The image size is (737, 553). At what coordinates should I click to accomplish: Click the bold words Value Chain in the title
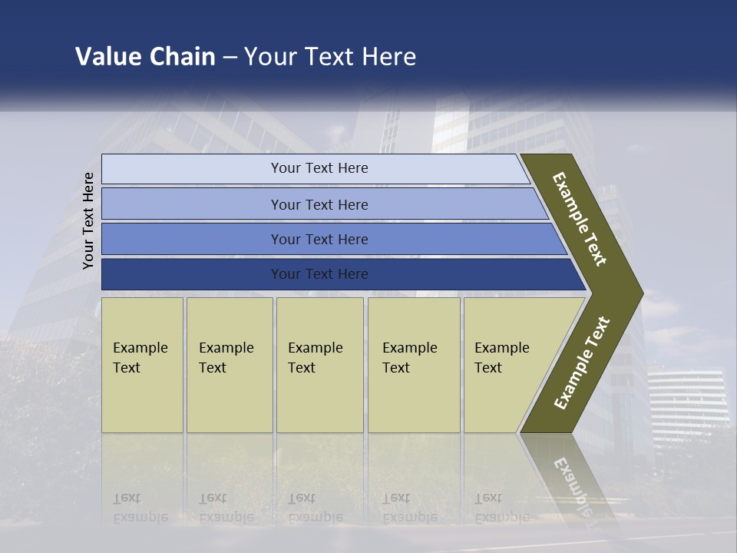[145, 57]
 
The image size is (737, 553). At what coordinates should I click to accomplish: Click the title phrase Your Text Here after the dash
[330, 57]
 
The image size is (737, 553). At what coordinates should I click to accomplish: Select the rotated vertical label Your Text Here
[88, 221]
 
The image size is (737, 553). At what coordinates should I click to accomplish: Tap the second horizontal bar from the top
[319, 204]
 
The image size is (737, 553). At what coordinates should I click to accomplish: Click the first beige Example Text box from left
[142, 365]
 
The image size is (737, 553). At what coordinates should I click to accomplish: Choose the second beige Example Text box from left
[229, 365]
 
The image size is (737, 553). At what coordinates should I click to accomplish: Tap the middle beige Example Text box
[319, 365]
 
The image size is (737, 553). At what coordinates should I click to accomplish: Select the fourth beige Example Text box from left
[413, 365]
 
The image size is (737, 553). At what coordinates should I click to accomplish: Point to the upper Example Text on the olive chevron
[580, 219]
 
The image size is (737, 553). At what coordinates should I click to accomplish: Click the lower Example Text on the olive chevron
[582, 363]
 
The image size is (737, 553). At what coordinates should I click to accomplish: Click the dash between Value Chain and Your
[230, 58]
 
